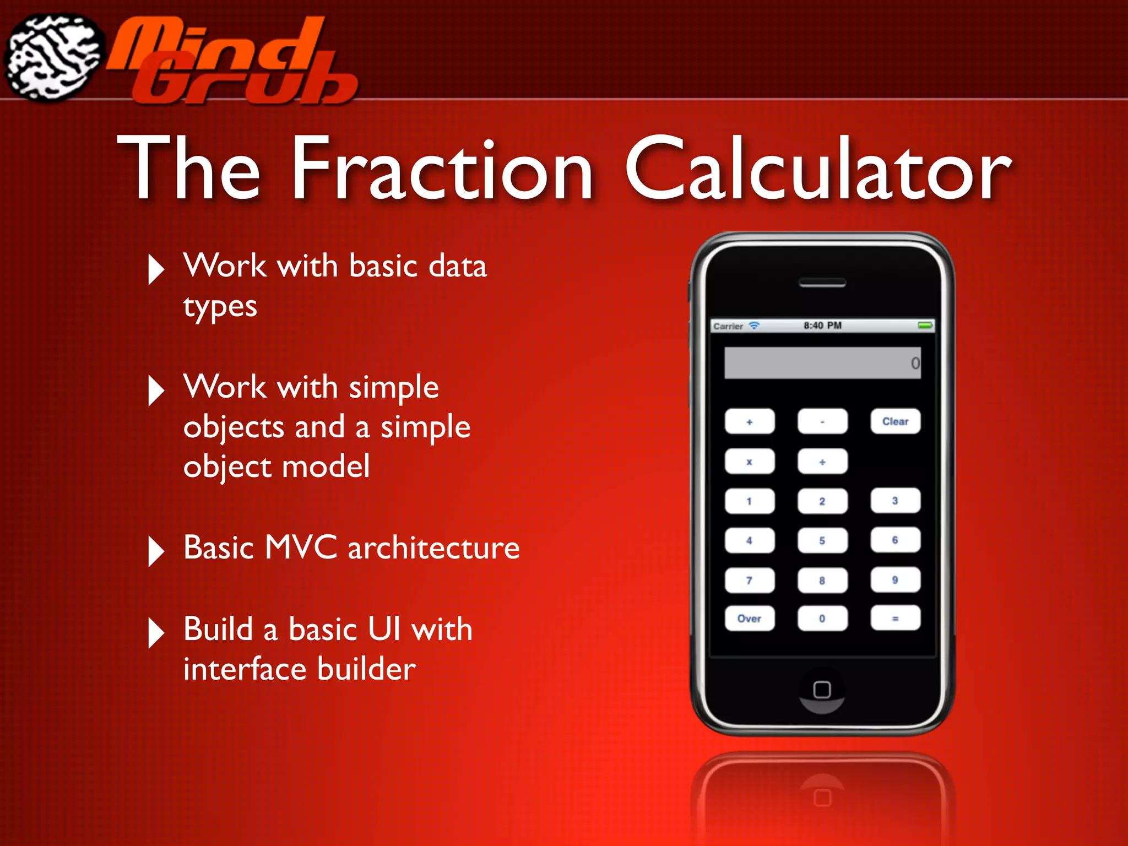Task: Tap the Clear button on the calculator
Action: click(x=895, y=421)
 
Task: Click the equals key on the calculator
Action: click(x=895, y=618)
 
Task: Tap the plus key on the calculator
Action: click(x=750, y=422)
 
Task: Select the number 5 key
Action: click(x=822, y=540)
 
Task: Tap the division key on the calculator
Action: click(x=822, y=462)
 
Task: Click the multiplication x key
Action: click(x=750, y=462)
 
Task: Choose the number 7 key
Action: click(x=750, y=580)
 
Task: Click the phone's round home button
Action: click(x=822, y=690)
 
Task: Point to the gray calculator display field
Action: click(x=822, y=363)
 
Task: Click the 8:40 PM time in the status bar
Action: click(x=822, y=326)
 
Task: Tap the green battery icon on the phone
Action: click(x=925, y=326)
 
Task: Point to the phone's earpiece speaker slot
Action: click(x=822, y=284)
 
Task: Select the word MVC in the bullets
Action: click(x=301, y=547)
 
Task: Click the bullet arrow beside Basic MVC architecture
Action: click(x=156, y=551)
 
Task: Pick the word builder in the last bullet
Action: click(x=366, y=669)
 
